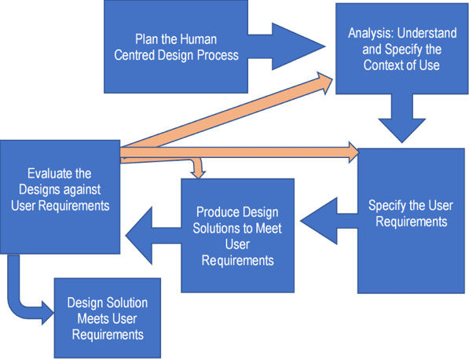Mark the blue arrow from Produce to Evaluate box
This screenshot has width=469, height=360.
point(148,231)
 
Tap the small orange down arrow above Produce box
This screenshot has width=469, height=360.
point(197,168)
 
